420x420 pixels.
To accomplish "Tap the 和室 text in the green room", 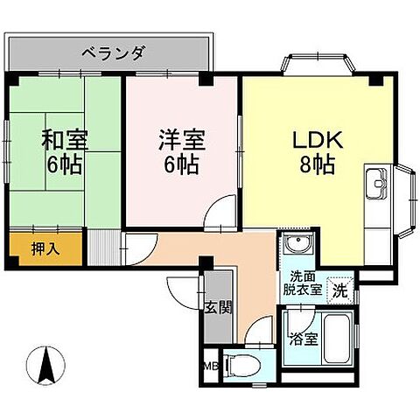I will click(x=63, y=138).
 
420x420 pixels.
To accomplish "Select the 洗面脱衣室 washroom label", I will click(x=300, y=283).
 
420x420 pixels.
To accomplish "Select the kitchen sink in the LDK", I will click(x=378, y=185).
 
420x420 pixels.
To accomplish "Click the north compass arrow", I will click(x=45, y=362).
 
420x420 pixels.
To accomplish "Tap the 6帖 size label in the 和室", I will click(x=63, y=164).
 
